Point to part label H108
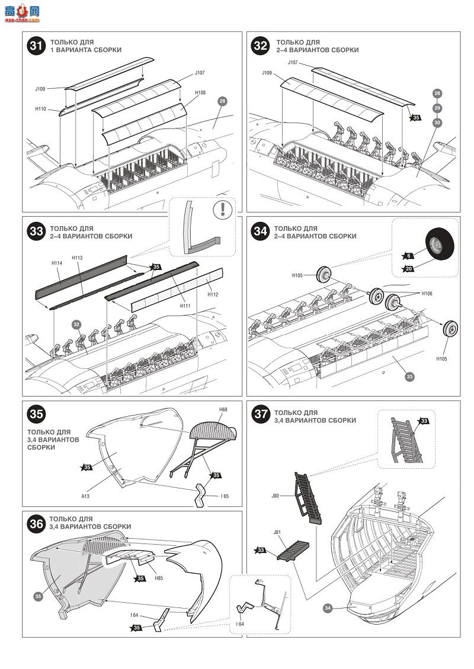tap(200, 92)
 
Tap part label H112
tap(213, 294)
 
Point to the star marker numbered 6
tap(408, 256)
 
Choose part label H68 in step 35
tap(223, 410)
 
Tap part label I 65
tap(225, 496)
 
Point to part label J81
tap(277, 532)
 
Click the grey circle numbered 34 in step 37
tap(328, 607)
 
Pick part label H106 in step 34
tap(427, 294)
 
